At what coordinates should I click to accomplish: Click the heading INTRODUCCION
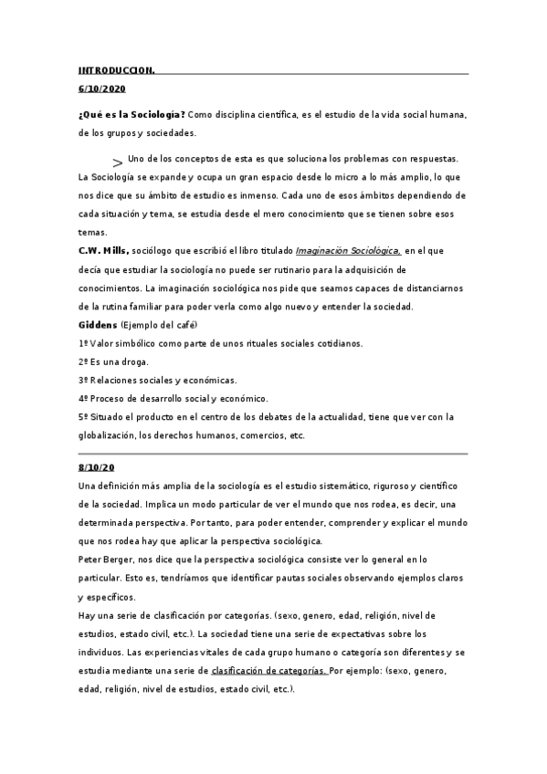coord(117,70)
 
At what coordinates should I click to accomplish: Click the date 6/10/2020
coord(102,89)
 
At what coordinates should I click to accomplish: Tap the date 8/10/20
coord(98,467)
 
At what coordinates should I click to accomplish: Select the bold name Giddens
coord(99,324)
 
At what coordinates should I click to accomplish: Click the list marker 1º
coord(85,343)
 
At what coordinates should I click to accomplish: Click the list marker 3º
coord(85,380)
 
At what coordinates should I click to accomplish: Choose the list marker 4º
coord(85,398)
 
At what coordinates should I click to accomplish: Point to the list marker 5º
coord(85,416)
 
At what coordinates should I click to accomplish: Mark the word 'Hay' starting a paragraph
coord(89,614)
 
